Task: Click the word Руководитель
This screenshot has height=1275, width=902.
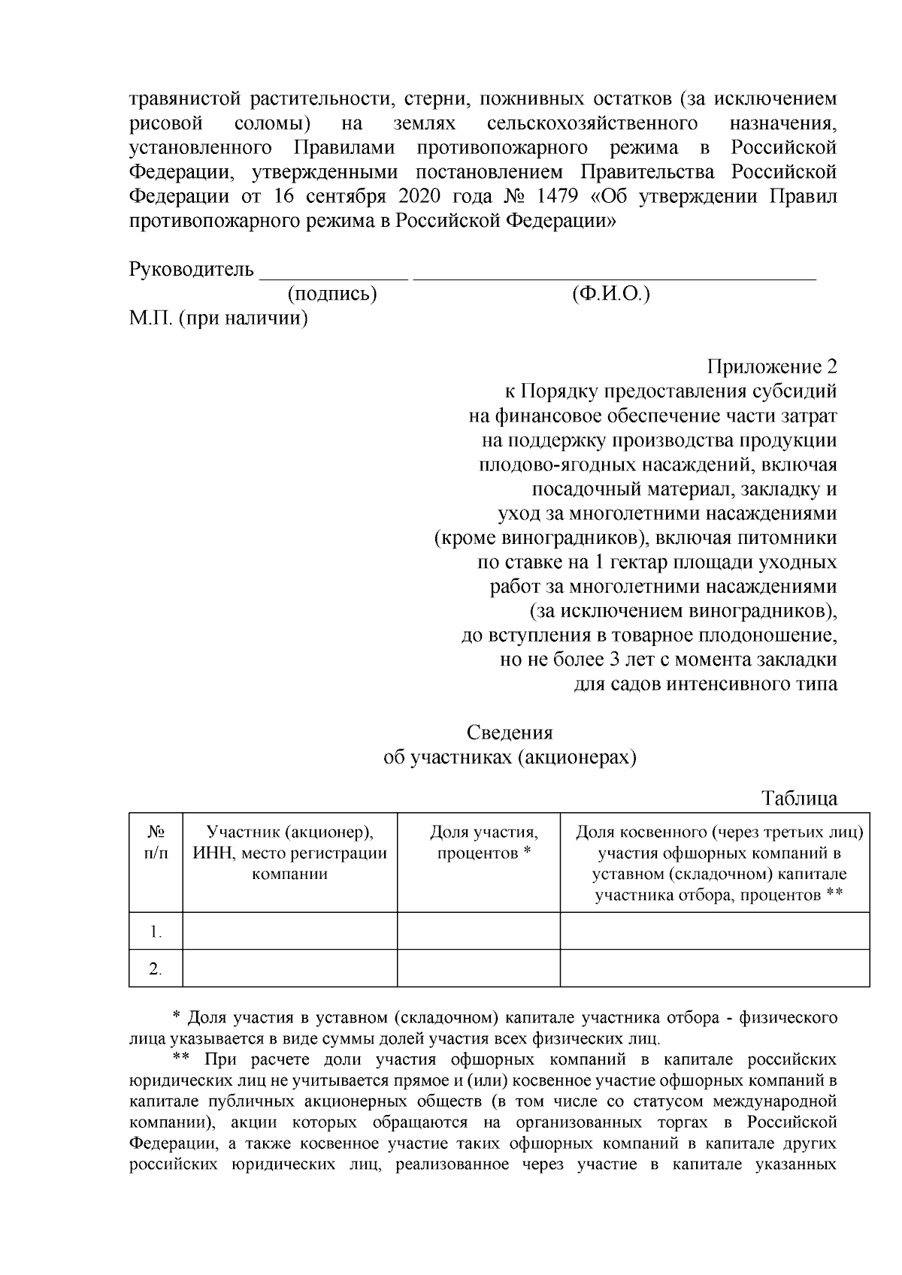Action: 192,269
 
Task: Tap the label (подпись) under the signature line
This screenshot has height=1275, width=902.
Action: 332,294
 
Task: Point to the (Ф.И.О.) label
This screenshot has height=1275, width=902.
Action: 610,294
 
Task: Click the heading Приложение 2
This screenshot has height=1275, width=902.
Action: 771,367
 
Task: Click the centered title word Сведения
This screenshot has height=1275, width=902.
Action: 510,733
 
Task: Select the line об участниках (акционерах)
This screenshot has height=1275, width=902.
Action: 510,757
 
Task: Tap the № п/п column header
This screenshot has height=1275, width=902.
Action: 156,843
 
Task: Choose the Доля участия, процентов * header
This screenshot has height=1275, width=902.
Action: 484,843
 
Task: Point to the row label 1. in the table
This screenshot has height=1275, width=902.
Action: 156,932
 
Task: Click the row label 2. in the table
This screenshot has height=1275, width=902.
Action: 156,968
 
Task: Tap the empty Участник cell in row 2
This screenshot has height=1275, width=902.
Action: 290,968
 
